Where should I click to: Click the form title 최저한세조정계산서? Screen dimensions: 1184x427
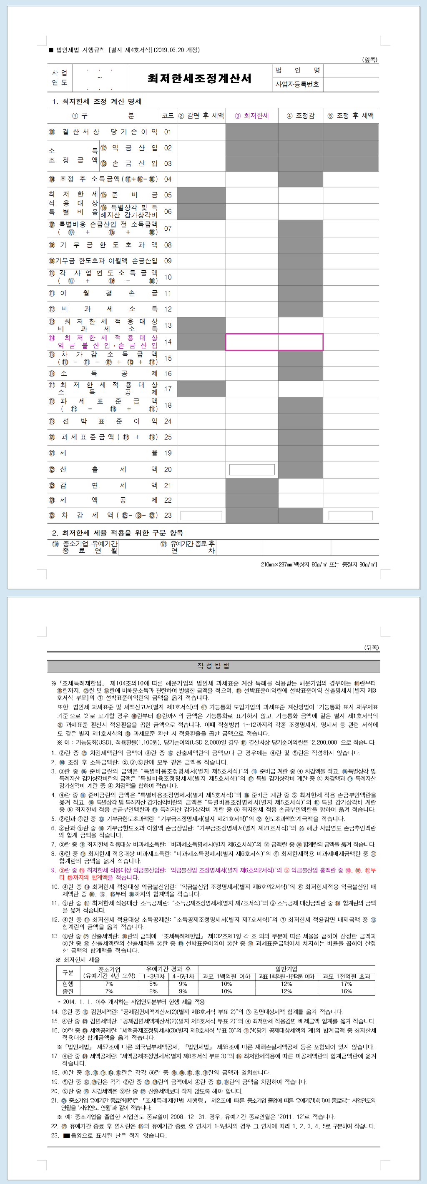click(x=199, y=78)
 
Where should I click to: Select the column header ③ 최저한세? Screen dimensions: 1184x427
click(x=252, y=116)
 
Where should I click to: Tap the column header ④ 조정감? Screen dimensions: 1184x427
click(x=301, y=116)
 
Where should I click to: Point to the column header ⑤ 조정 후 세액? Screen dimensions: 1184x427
click(x=351, y=116)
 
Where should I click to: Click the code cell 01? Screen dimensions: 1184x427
click(x=168, y=132)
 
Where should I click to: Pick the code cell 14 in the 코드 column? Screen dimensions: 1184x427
click(x=168, y=342)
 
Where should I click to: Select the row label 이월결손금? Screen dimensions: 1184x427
click(x=103, y=293)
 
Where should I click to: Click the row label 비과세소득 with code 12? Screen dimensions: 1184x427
click(x=103, y=309)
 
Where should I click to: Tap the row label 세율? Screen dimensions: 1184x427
click(x=103, y=453)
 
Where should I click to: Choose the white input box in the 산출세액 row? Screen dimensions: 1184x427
click(x=252, y=469)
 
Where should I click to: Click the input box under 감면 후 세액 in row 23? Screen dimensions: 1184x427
click(x=201, y=516)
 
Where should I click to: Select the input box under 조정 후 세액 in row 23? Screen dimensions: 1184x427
click(x=351, y=516)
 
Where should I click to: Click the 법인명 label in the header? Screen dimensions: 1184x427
click(x=297, y=70)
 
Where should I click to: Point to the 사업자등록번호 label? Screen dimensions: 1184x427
click(x=297, y=85)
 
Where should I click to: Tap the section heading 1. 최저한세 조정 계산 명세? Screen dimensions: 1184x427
click(x=97, y=102)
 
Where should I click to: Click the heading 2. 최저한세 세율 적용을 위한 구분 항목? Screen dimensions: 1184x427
click(x=117, y=533)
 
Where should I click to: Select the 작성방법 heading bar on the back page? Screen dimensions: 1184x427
click(x=213, y=666)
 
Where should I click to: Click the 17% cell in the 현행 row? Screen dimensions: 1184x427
click(x=346, y=984)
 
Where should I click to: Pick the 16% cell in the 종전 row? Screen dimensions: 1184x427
click(x=346, y=992)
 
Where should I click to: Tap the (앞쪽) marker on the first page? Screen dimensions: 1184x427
click(x=369, y=60)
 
